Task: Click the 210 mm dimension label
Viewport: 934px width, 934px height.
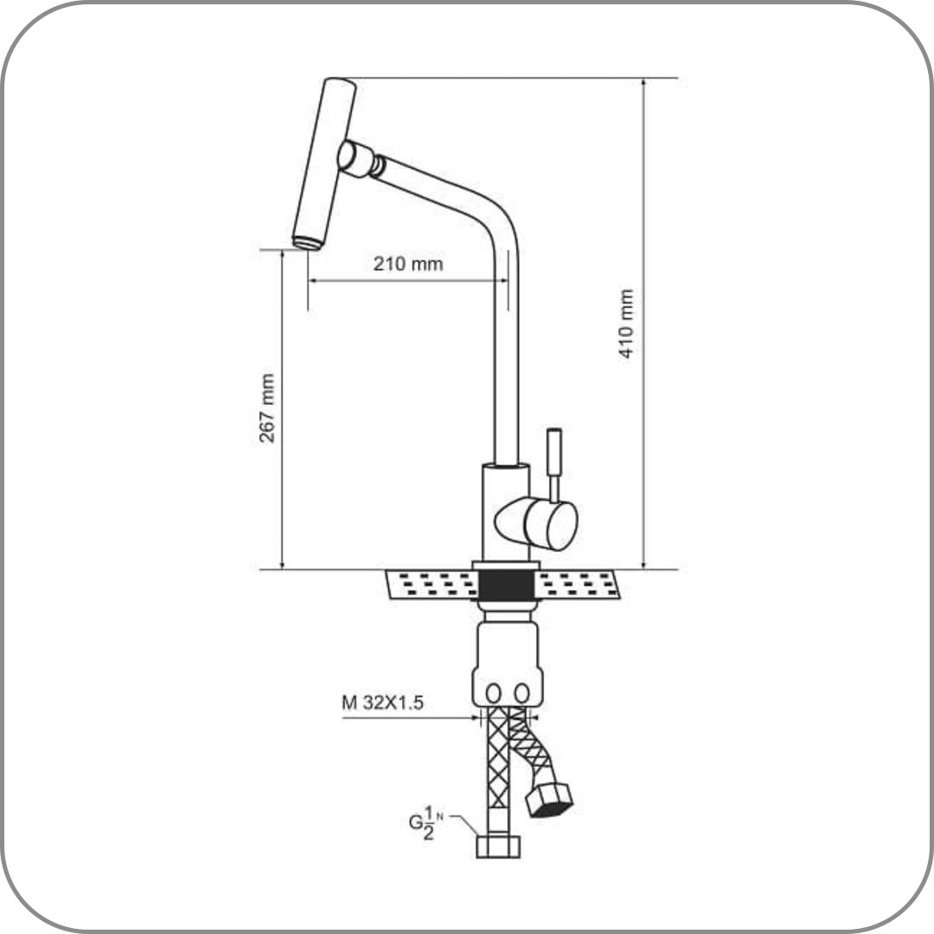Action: [x=408, y=263]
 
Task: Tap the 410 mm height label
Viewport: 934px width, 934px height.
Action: [x=625, y=323]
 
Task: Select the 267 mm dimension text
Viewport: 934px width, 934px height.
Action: [x=267, y=408]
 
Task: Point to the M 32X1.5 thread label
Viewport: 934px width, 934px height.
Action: [x=382, y=703]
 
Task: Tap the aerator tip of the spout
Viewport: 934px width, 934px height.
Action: [x=307, y=242]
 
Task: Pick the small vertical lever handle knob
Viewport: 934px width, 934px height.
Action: [x=554, y=451]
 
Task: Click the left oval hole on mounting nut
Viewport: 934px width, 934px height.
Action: [x=493, y=693]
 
